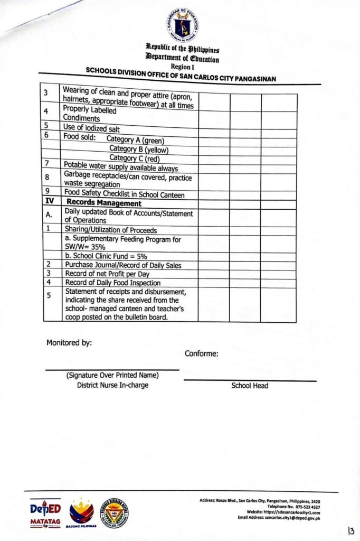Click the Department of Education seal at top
pos(183,24)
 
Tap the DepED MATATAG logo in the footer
pos(45,513)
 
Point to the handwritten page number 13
pos(350,530)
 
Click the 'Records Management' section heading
pos(103,203)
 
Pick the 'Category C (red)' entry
pos(134,157)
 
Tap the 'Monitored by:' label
pos(69,342)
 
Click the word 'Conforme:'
pos(202,353)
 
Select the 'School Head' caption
pos(250,386)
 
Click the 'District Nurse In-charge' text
pos(112,385)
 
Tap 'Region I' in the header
pos(183,67)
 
